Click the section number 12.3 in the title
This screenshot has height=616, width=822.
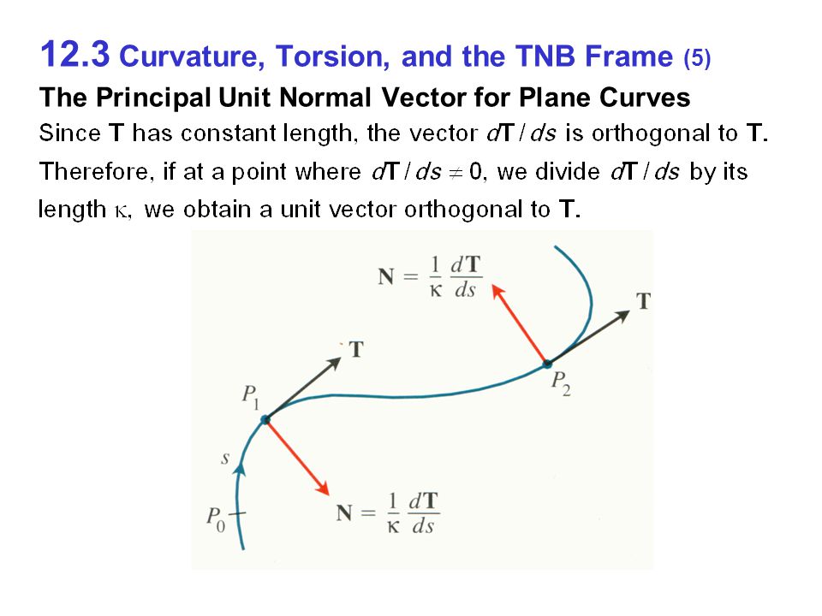(x=74, y=56)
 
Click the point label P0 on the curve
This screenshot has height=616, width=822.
(x=215, y=518)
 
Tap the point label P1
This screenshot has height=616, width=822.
(x=250, y=396)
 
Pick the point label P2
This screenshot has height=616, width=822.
(x=559, y=382)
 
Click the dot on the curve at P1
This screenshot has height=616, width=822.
(x=265, y=419)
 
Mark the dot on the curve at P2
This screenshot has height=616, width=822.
(x=547, y=364)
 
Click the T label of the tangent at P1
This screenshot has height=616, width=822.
(x=355, y=349)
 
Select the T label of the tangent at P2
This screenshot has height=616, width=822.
(x=643, y=300)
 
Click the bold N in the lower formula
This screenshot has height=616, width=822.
(x=345, y=513)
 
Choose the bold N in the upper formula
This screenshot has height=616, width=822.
(x=387, y=277)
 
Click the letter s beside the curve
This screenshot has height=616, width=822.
(x=225, y=459)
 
